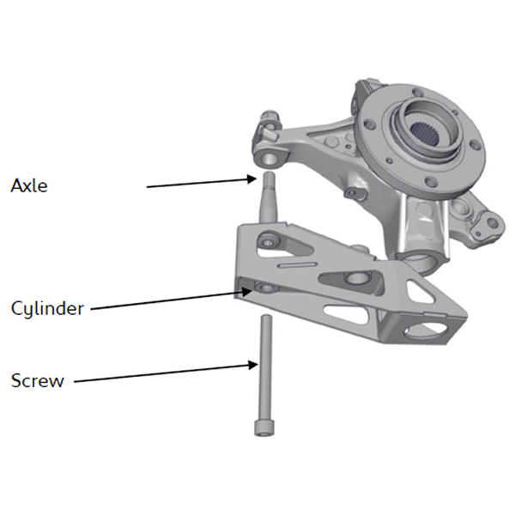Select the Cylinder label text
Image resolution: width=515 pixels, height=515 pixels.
(47, 308)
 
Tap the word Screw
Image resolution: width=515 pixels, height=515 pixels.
(37, 380)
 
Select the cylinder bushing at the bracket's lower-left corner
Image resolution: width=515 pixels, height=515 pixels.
(263, 287)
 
